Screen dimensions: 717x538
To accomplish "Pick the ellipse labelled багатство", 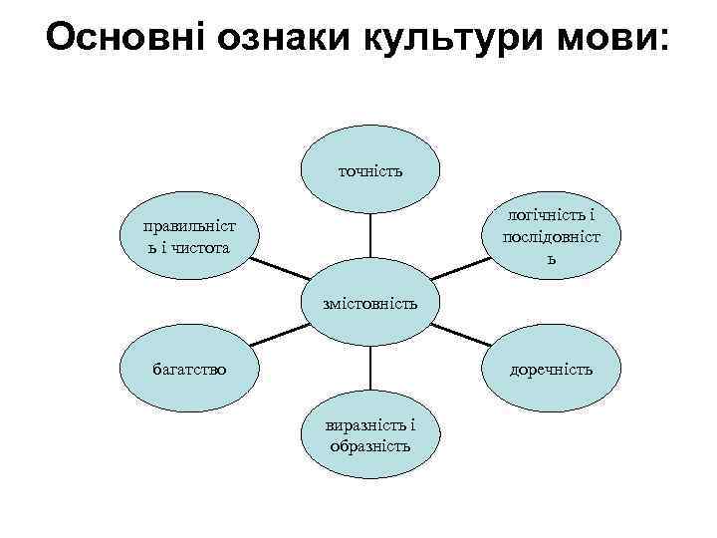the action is point(189,370).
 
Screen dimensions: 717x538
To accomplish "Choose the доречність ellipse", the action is point(550,370).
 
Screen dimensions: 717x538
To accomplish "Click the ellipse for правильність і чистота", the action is point(189,236).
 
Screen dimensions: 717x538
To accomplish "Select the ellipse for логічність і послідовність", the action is point(550,236).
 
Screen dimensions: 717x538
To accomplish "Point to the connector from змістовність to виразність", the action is point(370,368).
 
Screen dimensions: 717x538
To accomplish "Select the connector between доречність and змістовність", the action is point(460,335).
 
